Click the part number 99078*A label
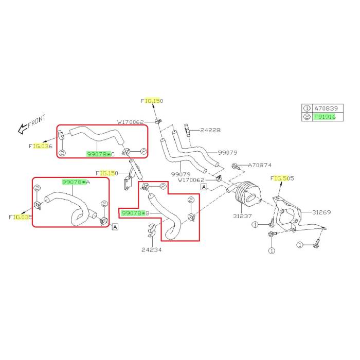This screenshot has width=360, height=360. click(x=76, y=182)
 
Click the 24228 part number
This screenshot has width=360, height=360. click(x=210, y=131)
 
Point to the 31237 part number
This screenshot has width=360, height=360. click(x=241, y=215)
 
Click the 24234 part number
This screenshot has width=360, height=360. click(x=152, y=250)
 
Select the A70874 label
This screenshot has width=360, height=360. click(x=260, y=166)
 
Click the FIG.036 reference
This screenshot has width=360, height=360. click(x=41, y=147)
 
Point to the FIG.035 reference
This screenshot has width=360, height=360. click(x=21, y=217)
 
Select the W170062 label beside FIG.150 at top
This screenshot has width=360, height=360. click(x=130, y=122)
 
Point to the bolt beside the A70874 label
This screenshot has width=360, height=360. click(x=236, y=166)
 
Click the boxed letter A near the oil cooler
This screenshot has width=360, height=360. click(x=204, y=187)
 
